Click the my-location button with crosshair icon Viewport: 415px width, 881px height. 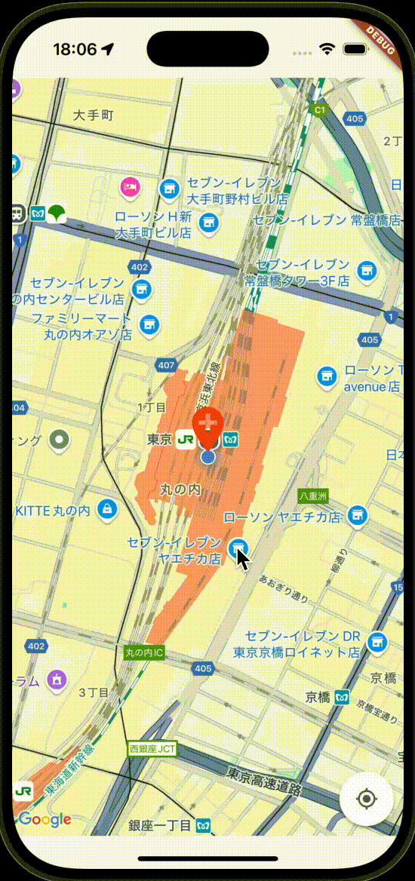367,799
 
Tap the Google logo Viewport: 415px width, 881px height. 45,819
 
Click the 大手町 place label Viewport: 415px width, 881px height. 94,115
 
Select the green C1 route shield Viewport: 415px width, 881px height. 319,110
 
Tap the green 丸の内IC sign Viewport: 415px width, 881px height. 143,652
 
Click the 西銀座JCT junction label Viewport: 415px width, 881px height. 152,749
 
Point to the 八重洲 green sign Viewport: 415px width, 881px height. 312,496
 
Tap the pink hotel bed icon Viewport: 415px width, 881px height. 131,185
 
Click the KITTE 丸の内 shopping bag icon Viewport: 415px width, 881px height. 107,511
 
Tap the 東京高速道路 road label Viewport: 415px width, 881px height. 264,781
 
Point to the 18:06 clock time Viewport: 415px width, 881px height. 75,49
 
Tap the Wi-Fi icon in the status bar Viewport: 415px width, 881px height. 327,49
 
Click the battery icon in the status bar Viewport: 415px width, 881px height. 354,49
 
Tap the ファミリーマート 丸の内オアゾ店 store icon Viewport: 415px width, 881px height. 149,324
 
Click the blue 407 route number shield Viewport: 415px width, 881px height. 167,366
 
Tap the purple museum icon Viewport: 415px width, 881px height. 57,680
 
